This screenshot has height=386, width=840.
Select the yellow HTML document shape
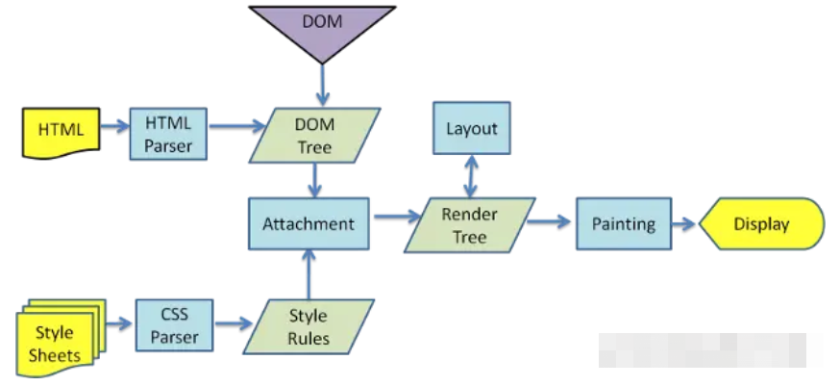click(62, 133)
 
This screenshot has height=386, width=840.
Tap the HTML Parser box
click(168, 134)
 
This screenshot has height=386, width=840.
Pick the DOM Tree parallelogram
click(314, 136)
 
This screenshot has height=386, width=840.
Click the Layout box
click(472, 128)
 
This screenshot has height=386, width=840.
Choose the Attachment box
click(309, 223)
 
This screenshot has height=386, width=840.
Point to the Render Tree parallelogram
click(470, 225)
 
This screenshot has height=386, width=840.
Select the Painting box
click(624, 223)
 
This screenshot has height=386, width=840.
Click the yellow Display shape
click(761, 223)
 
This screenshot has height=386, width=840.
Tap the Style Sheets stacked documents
click(59, 338)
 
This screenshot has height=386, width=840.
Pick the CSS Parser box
click(174, 325)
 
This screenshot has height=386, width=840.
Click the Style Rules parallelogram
click(309, 327)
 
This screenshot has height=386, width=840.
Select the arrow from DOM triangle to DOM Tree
click(322, 85)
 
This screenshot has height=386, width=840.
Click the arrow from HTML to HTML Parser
click(115, 127)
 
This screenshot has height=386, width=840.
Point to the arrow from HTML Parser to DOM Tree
click(237, 127)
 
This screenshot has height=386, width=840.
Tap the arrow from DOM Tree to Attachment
click(314, 180)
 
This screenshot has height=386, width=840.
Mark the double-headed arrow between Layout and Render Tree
click(470, 176)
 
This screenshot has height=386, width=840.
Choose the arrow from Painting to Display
click(684, 224)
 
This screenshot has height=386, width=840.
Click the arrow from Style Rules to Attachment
click(309, 274)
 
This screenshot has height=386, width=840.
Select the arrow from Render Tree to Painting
click(549, 221)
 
